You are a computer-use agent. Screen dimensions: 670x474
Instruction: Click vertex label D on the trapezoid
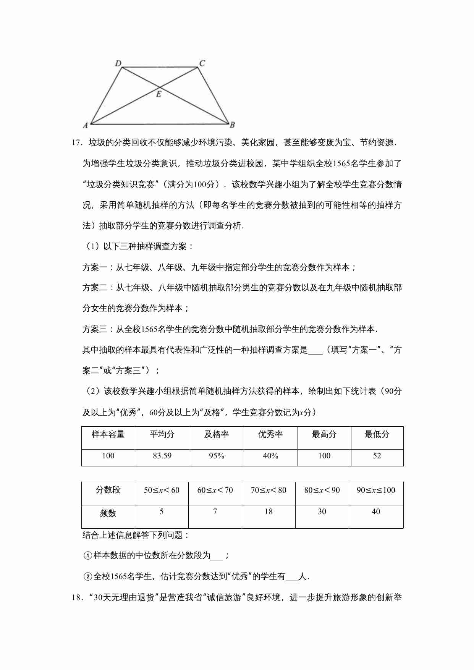point(118,63)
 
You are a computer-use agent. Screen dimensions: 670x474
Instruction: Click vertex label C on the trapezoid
point(202,63)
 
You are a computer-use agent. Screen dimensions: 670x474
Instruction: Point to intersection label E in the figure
point(159,94)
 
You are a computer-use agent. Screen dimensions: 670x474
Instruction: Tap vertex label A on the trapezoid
point(86,125)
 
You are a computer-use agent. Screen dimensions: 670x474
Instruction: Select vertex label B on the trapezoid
point(232,125)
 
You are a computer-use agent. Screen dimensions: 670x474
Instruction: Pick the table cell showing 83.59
point(162,456)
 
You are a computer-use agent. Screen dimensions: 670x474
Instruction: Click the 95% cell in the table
point(217,456)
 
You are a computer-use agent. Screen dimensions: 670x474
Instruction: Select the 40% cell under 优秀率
point(270,456)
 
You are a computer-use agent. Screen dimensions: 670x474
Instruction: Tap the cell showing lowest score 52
point(377,456)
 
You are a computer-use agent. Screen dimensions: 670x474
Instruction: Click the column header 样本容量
point(108,434)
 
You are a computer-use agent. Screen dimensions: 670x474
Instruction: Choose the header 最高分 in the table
point(324,434)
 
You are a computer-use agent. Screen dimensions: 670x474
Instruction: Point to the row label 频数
point(108,513)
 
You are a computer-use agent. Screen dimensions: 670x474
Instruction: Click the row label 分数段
point(108,490)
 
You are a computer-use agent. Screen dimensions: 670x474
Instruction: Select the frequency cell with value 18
point(269,511)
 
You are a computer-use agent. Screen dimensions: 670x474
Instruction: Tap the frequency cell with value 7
point(215,511)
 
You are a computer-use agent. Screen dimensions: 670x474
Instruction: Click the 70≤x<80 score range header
point(269,490)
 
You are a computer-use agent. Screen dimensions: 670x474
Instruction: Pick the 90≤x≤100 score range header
point(376,490)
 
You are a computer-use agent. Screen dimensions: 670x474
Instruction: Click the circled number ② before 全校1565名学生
point(88,577)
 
